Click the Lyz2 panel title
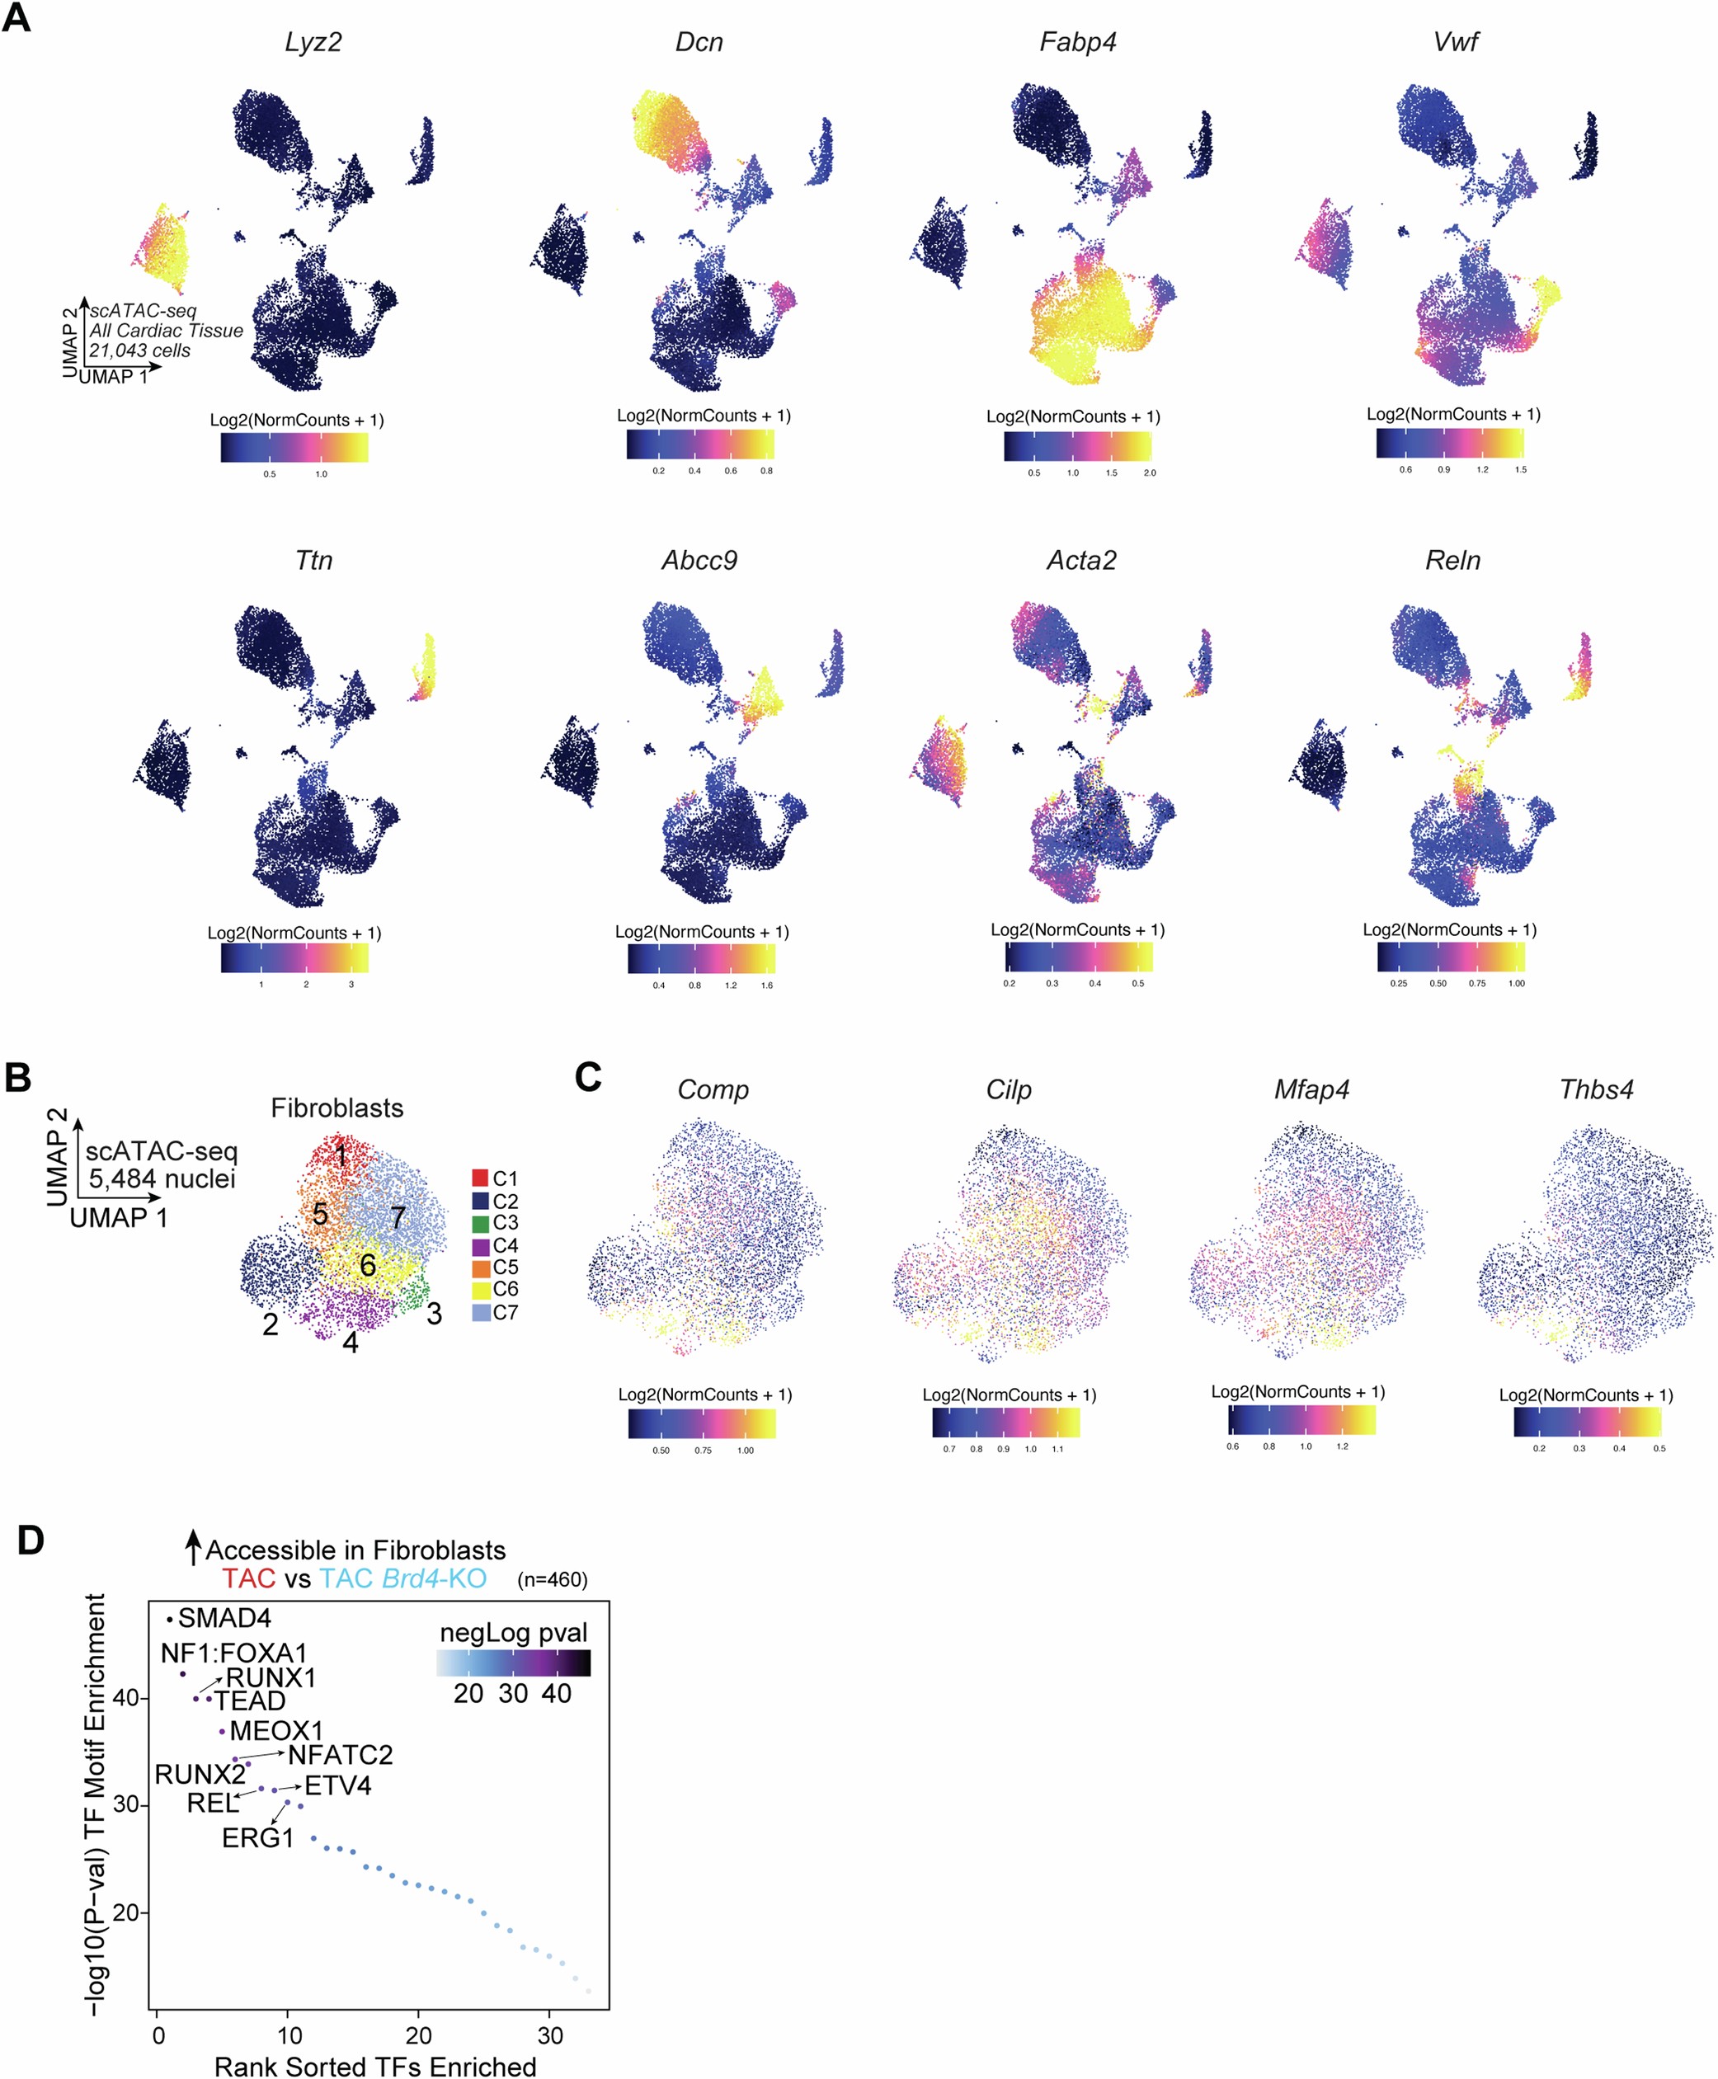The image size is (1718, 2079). point(313,43)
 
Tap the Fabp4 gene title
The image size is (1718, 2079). point(1078,43)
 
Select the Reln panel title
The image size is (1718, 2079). point(1452,561)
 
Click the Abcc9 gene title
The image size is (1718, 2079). point(699,561)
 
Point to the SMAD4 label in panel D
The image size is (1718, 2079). point(224,1619)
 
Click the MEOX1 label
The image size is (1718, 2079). point(276,1732)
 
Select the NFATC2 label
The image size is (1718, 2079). point(340,1756)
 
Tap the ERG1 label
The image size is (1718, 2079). point(257,1838)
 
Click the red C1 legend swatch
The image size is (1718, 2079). point(480,1178)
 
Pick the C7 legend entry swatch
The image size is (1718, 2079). point(480,1313)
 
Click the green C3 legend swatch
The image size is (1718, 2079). point(480,1223)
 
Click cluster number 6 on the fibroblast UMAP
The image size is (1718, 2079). point(367,1266)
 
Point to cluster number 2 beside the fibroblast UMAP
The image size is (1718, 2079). point(271,1325)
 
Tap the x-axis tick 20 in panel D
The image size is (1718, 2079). point(419,2035)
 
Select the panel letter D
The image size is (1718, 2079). point(31,1541)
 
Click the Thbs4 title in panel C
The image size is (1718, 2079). point(1595,1090)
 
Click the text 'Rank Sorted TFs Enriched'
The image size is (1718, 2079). point(375,2067)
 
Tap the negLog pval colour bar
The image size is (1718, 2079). point(514,1663)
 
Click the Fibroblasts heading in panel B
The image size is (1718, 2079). point(337,1108)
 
